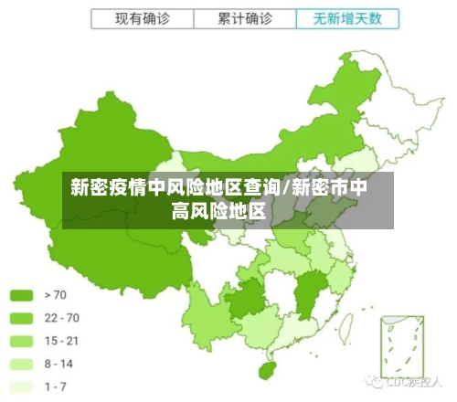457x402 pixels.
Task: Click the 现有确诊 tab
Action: tap(142, 17)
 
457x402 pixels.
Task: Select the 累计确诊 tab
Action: tap(245, 17)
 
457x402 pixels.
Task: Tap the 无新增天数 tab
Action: tap(348, 17)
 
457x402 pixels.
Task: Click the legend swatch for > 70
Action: tap(21, 294)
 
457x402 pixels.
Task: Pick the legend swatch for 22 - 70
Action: tap(21, 317)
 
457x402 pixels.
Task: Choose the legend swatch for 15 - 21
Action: tap(21, 340)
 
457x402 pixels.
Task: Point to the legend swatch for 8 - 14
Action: tap(21, 363)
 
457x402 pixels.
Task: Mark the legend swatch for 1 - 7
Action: tap(21, 386)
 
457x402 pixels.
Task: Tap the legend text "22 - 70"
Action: tap(62, 317)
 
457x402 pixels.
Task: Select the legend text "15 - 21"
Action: tap(62, 340)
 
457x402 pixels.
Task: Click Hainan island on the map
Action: tap(266, 371)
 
